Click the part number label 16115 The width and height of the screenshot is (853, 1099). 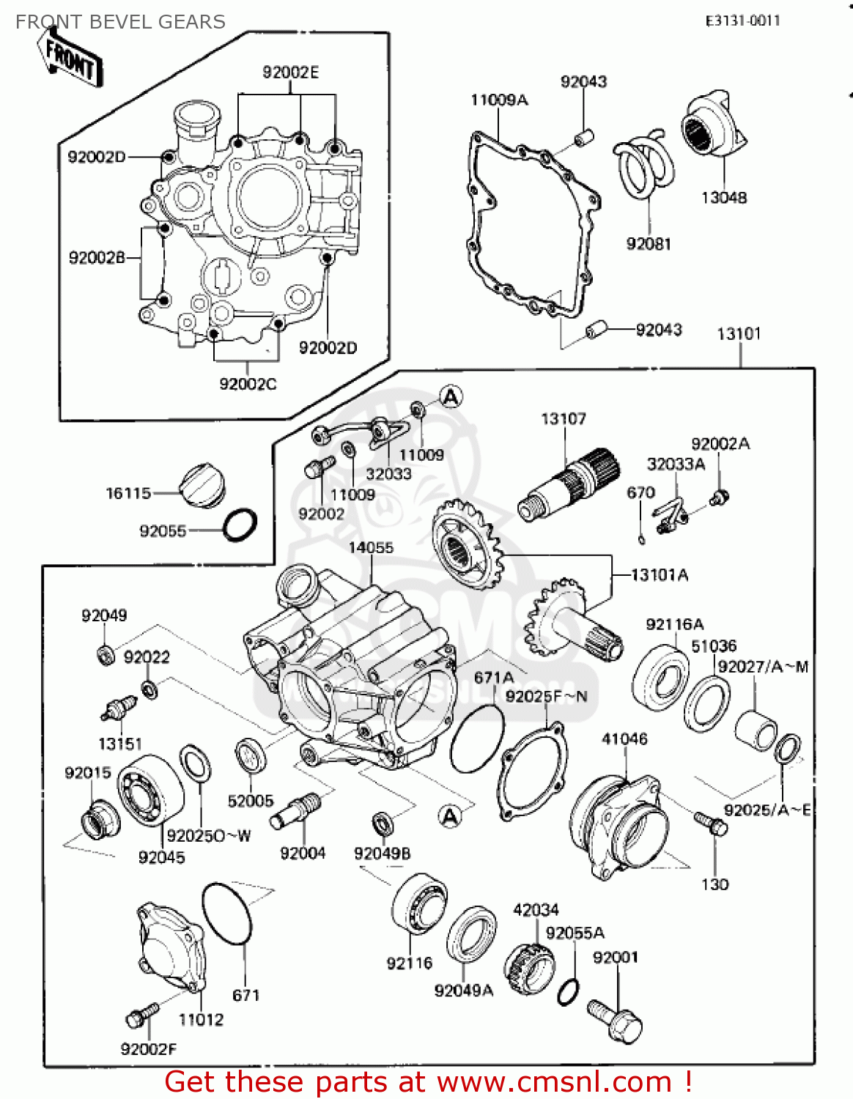coord(128,493)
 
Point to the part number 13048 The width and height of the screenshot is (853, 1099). coord(723,198)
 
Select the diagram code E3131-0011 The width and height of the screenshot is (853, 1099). coord(742,21)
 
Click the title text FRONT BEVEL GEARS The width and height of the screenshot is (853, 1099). coord(120,22)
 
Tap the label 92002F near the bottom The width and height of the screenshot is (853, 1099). coord(149,1049)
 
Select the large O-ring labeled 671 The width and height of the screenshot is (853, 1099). coord(228,914)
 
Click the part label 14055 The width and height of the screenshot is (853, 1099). coord(371,547)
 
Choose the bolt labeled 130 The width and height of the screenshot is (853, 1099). coord(710,824)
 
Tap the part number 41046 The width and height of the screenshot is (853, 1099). coord(624,739)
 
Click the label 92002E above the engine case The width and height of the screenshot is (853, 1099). coord(291,73)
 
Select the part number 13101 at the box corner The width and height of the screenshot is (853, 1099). coord(739,334)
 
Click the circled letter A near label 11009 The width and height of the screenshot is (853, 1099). coord(451,397)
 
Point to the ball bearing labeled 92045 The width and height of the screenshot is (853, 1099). coord(150,791)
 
